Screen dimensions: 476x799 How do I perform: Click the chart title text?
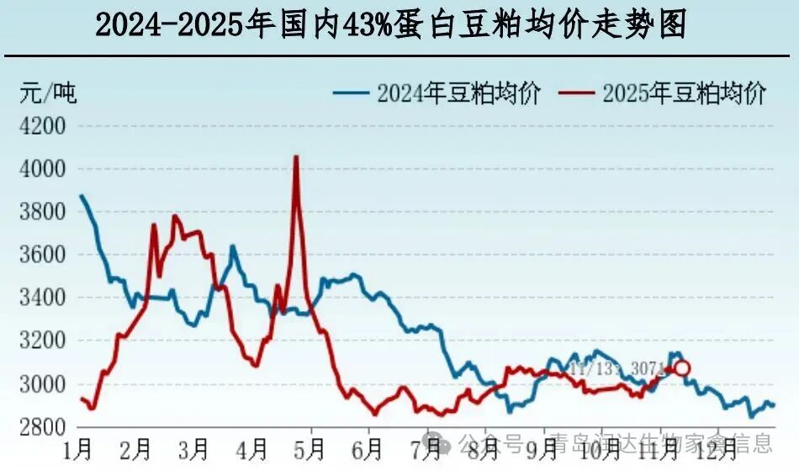[390, 25]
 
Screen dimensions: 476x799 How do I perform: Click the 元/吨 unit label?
[47, 93]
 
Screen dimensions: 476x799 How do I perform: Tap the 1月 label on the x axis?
[78, 449]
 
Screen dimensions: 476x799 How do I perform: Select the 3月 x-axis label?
[194, 449]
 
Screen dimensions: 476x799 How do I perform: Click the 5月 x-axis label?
[310, 449]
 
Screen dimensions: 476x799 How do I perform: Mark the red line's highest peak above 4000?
[295, 156]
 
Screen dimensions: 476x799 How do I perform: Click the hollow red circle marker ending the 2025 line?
[682, 368]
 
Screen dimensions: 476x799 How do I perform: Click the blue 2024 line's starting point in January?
[82, 196]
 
